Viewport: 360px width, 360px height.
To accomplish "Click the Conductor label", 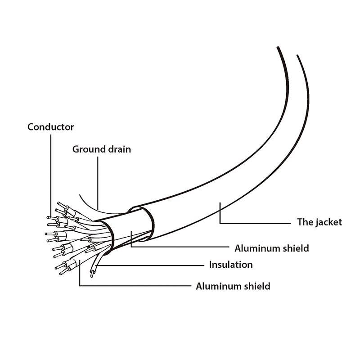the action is pos(50,127).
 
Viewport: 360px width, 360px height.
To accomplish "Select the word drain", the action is pos(119,149).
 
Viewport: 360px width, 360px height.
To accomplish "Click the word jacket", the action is pos(329,222).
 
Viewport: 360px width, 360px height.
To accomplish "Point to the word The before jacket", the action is pos(306,222).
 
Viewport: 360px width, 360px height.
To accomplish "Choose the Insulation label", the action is pos(231,265).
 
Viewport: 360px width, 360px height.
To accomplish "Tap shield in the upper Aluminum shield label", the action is pos(296,248).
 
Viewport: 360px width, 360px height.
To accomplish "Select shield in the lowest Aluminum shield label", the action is pos(257,286).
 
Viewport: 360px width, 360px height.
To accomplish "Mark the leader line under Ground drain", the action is pos(98,183).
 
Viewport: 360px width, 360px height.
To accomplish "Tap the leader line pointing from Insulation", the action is pos(149,265).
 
